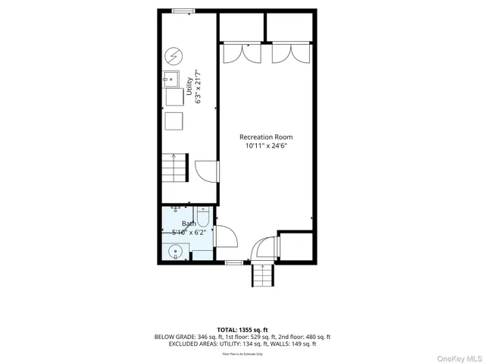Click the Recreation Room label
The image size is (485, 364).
point(265,136)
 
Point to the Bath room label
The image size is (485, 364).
point(189,224)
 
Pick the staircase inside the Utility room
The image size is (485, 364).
point(174,165)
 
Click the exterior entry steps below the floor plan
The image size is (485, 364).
point(262,278)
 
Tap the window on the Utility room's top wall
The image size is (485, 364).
point(182,11)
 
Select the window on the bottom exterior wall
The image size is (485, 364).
point(235,263)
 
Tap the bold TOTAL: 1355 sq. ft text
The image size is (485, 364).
point(242,329)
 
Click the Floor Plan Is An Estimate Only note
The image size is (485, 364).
point(242,353)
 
